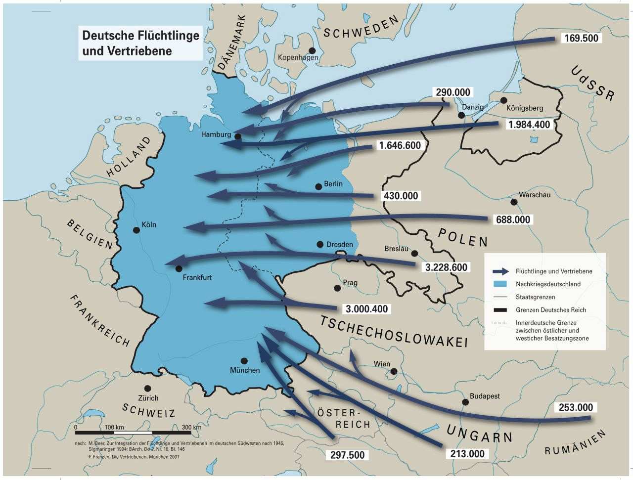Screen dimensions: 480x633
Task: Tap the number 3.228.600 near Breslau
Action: [x=446, y=267]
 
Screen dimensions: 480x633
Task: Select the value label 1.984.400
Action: [x=529, y=125]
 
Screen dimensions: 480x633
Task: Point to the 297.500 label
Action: [x=348, y=455]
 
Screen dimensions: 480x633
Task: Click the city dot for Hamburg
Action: [x=237, y=136]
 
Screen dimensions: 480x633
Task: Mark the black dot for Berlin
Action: [x=318, y=187]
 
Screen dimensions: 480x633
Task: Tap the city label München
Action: [x=245, y=370]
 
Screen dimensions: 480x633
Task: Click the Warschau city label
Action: [x=535, y=195]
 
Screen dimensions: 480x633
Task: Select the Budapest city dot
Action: [x=465, y=402]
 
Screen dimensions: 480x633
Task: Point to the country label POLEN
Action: [x=462, y=237]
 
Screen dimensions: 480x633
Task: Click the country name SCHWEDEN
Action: [x=361, y=27]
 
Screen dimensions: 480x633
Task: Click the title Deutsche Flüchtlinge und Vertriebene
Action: [x=140, y=43]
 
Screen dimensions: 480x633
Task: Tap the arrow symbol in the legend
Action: [x=500, y=271]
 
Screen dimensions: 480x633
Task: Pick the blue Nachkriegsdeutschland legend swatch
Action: [x=500, y=284]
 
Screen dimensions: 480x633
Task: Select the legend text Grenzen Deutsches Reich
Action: [x=550, y=310]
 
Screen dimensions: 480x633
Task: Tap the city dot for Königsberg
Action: [x=503, y=100]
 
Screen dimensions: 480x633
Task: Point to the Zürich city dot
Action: [x=147, y=389]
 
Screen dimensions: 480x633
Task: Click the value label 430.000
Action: [x=401, y=196]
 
